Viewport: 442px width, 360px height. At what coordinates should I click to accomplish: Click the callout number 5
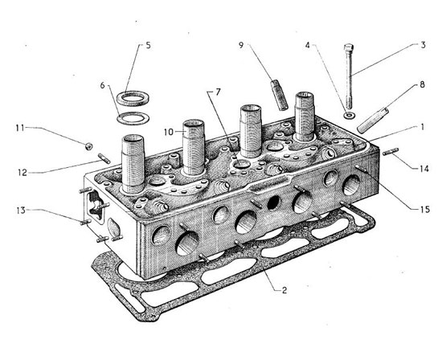coord(148,45)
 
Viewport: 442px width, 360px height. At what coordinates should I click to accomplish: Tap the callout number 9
coord(241,45)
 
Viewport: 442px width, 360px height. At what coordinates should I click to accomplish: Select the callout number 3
coord(423,45)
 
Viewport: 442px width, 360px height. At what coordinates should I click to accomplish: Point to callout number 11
coord(20,129)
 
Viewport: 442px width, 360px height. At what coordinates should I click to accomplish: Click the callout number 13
coord(21,211)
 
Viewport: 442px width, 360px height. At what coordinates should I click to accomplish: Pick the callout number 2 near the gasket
coord(284,290)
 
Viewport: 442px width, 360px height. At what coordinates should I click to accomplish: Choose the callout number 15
coord(425,210)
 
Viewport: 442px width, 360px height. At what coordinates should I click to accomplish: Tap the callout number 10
coord(169,132)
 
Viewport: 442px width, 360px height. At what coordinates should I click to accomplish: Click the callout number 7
coord(217,92)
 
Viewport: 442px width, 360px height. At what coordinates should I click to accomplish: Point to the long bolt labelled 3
coord(350,76)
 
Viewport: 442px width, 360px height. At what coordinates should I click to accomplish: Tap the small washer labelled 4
coord(350,115)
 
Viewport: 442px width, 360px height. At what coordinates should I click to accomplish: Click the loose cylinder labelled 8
coord(371,120)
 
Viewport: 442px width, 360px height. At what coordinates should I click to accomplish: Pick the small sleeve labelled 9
coord(280,95)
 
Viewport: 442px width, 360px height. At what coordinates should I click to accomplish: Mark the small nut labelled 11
coord(88,146)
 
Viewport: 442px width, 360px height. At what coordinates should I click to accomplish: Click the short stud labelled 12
coord(104,158)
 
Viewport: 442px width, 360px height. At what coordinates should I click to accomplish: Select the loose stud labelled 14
coord(391,151)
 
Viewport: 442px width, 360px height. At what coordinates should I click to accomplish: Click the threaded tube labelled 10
coord(194,147)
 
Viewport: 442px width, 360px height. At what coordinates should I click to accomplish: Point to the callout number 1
coord(422,128)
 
